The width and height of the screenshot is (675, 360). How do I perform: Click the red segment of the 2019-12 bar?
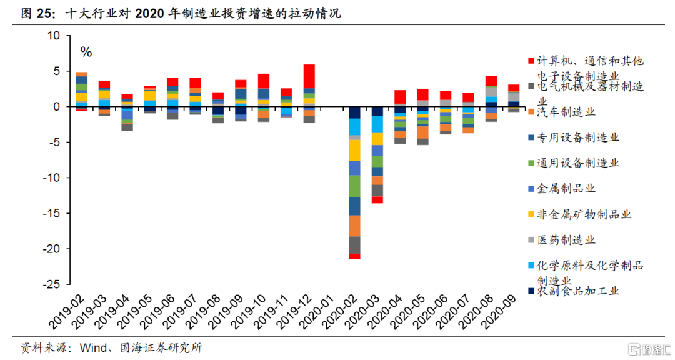(309, 76)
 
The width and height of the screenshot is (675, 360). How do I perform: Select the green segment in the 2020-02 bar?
(355, 186)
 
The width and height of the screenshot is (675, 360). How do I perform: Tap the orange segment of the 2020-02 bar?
(355, 226)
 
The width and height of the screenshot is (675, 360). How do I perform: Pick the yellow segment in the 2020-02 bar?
(355, 150)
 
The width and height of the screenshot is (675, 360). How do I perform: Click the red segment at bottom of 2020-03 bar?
(377, 199)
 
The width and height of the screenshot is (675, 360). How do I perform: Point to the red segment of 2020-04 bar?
(400, 97)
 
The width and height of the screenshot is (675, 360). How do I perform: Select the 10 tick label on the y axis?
(53, 36)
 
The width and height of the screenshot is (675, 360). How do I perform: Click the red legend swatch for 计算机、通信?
(531, 61)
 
